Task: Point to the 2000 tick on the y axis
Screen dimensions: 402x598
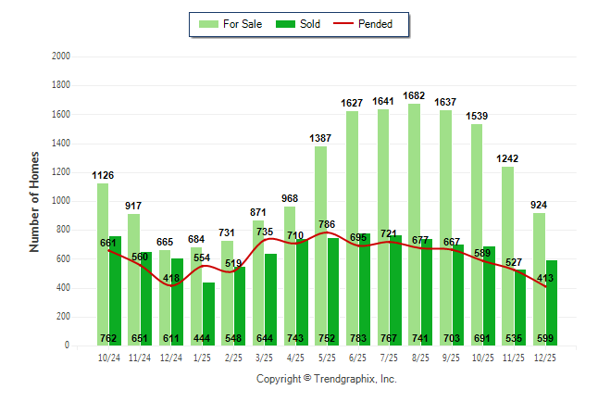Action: pyautogui.click(x=61, y=57)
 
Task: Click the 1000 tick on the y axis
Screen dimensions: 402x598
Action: pyautogui.click(x=61, y=201)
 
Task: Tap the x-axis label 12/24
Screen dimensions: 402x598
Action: pyautogui.click(x=171, y=357)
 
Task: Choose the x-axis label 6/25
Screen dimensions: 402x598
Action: pyautogui.click(x=357, y=357)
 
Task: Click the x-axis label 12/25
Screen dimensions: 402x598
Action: pyautogui.click(x=544, y=357)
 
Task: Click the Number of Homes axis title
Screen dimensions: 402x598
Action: pyautogui.click(x=35, y=201)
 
